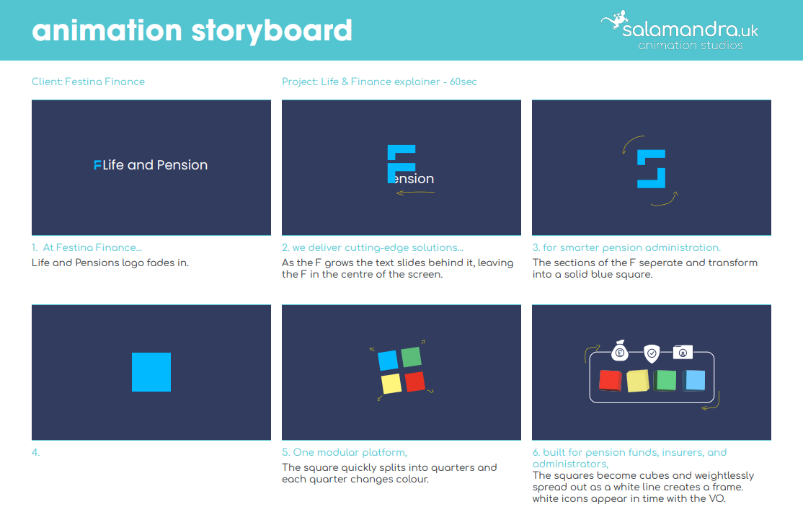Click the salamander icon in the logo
point(615,20)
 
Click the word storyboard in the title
point(272,31)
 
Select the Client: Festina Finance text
point(88,82)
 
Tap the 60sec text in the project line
point(463,82)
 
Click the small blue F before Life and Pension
point(97,165)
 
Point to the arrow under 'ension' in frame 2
point(415,193)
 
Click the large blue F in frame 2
point(401,164)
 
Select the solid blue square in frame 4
point(151,372)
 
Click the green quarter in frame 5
point(411,357)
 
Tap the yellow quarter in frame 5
point(391,384)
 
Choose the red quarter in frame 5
point(415,382)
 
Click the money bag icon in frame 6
point(620,351)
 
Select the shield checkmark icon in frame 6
point(652,353)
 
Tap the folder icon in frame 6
point(683,352)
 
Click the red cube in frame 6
point(611,381)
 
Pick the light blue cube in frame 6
point(694,381)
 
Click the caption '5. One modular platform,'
point(345,452)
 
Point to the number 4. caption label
point(35,452)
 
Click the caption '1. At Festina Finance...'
point(86,247)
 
